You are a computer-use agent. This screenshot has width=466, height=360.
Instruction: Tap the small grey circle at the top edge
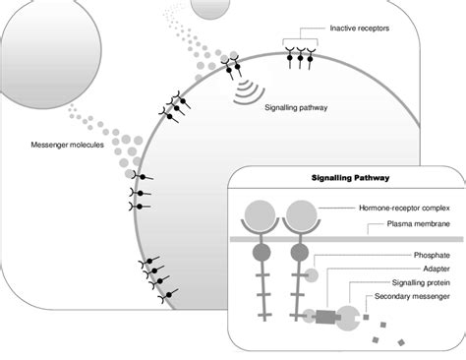[x=191, y=7]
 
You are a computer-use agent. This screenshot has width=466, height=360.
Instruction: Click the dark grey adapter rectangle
[x=325, y=317]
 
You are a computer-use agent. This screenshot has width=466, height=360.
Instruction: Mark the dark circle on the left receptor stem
[x=262, y=254]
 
